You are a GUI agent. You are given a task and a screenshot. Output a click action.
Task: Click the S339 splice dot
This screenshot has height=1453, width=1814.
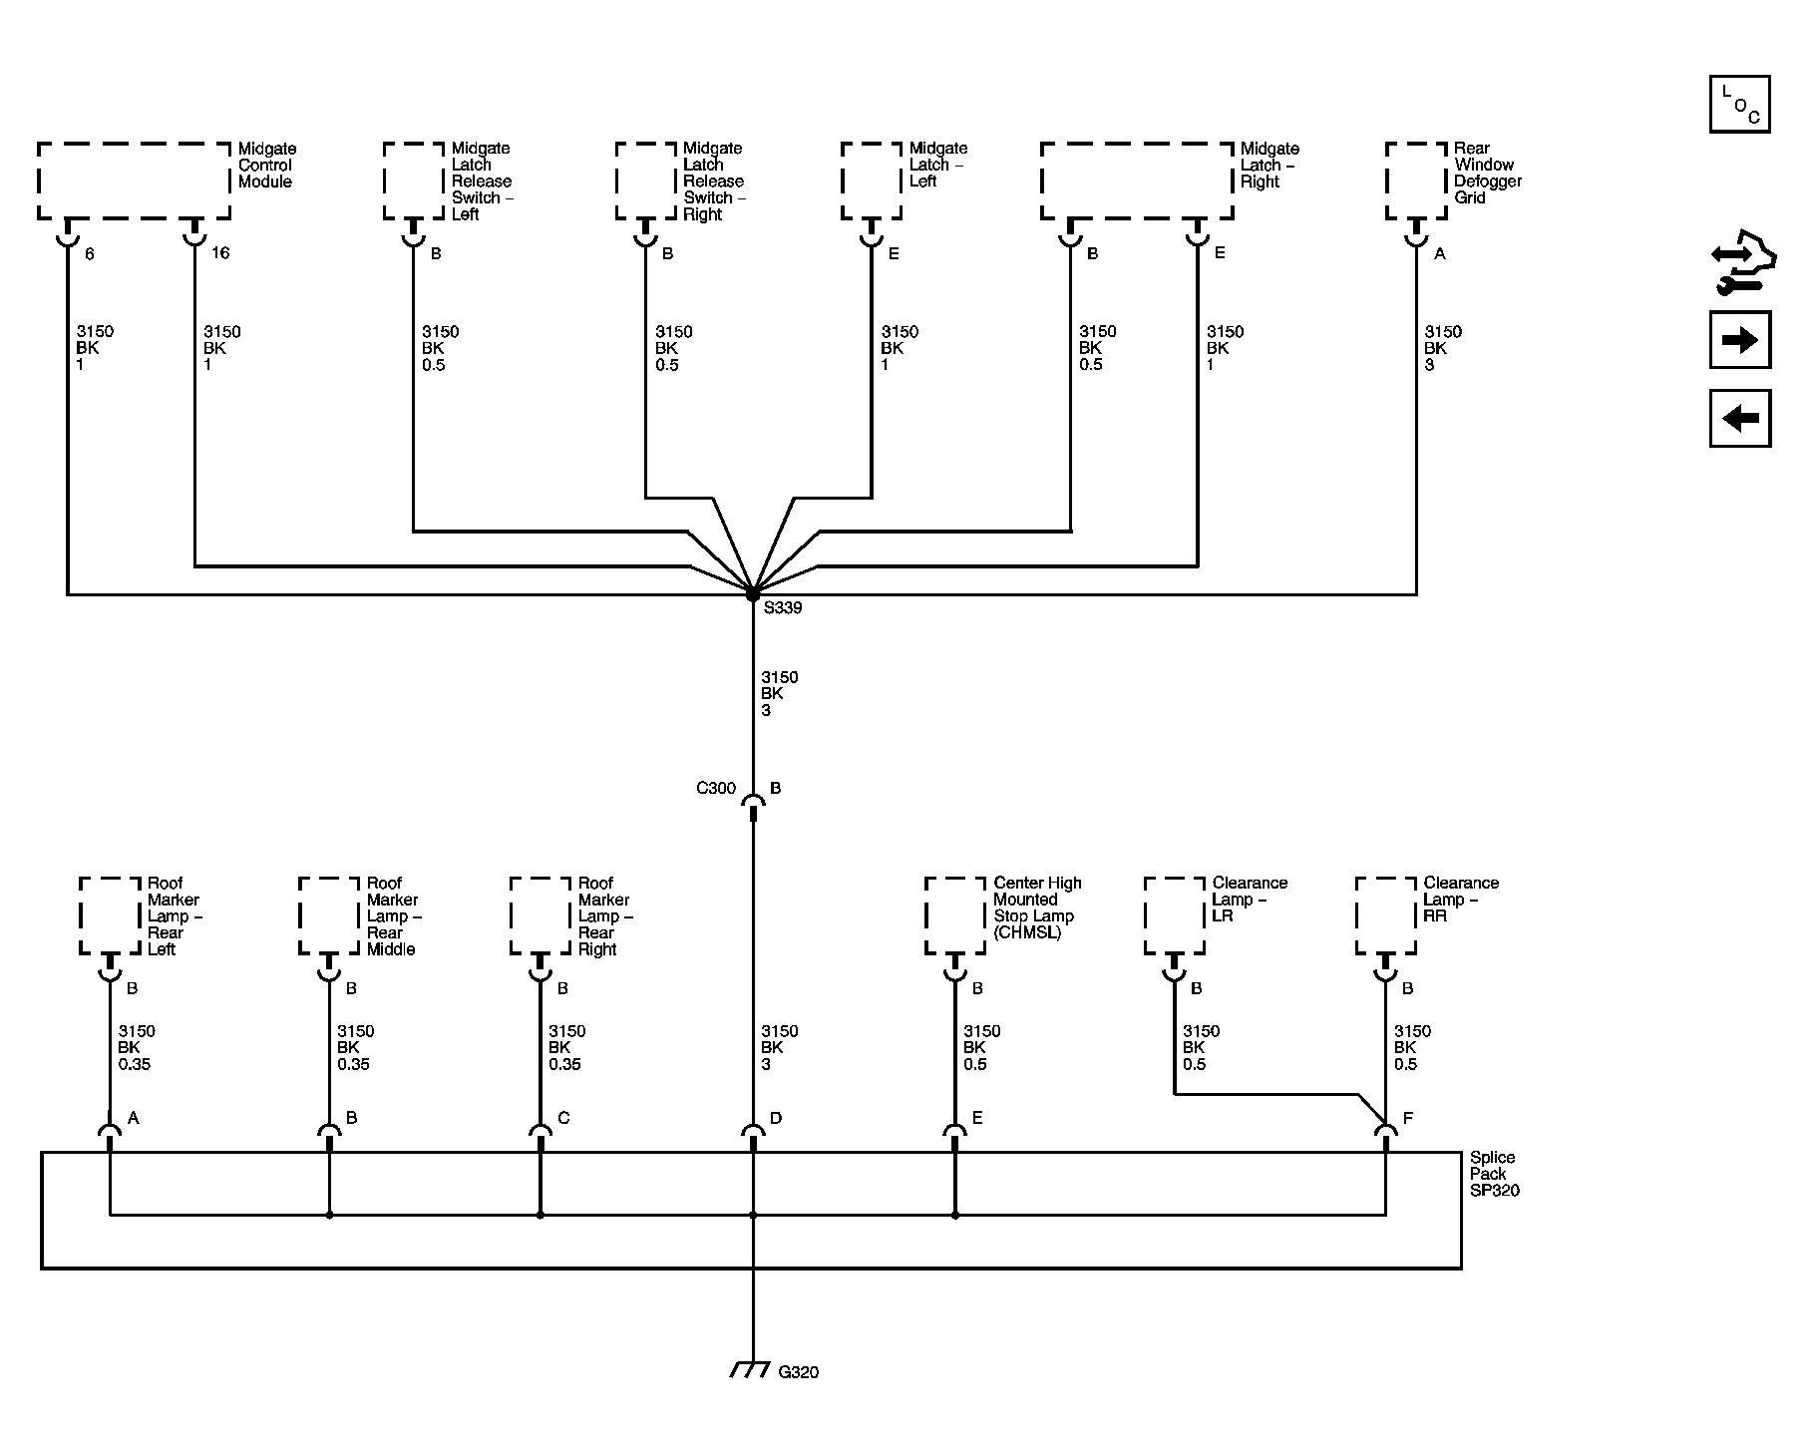pos(752,594)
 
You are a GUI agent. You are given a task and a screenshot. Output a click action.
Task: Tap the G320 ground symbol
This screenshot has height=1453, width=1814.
pos(749,1369)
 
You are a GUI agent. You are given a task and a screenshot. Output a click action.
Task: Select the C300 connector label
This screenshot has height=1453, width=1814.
pos(716,788)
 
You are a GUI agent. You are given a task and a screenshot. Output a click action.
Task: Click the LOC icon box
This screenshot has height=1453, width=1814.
pos(1739,104)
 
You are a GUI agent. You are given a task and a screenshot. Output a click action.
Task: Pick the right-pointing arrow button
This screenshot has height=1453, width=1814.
pos(1740,340)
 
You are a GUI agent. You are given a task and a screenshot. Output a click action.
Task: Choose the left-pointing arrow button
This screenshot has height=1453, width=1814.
pos(1740,418)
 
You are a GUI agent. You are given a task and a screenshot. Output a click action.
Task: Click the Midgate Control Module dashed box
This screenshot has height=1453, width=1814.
pos(134,181)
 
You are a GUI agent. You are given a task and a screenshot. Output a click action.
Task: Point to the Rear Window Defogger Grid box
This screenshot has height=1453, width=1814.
pos(1416,181)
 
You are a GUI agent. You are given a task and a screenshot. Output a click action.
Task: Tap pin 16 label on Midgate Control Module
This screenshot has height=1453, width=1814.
pos(220,253)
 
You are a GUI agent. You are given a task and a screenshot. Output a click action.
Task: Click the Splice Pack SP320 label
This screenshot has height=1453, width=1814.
pos(1494,1174)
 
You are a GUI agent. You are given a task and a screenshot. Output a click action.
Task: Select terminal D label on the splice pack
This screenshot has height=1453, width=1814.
pos(775,1118)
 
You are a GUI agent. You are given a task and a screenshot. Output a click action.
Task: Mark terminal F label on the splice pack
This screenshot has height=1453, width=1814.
pos(1407,1118)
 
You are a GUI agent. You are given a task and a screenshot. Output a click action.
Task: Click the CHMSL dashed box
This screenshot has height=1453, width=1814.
pos(955,915)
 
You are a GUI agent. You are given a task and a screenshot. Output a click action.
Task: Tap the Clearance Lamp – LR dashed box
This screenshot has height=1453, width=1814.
pos(1175,915)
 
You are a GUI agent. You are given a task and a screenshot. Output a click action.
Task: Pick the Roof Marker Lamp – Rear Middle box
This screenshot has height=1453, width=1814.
pos(329,915)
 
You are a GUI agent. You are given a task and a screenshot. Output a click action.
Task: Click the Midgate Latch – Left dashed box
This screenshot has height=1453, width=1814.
pos(872,181)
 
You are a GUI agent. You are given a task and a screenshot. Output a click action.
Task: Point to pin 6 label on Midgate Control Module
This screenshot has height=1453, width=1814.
pos(89,254)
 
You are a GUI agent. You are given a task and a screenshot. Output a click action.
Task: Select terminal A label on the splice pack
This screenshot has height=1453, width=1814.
pos(133,1118)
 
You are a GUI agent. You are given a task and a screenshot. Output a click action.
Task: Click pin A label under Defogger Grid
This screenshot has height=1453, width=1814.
pos(1439,254)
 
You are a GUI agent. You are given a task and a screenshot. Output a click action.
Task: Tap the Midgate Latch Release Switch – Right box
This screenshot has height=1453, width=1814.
pos(646,181)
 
